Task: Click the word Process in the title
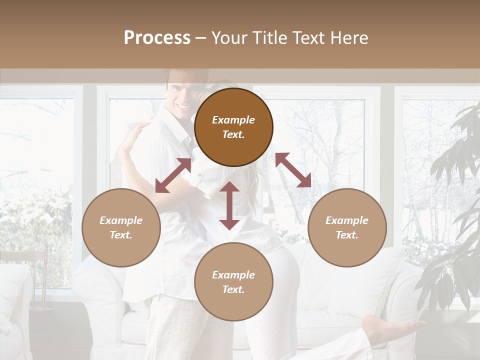[157, 38]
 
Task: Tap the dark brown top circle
[233, 127]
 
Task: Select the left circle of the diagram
[121, 227]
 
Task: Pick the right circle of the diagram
[347, 227]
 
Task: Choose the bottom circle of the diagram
[233, 282]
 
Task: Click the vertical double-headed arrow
[229, 205]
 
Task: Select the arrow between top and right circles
[293, 170]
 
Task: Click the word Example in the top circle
[233, 120]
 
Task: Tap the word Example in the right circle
[347, 220]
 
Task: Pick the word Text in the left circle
[121, 235]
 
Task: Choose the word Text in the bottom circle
[233, 289]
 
